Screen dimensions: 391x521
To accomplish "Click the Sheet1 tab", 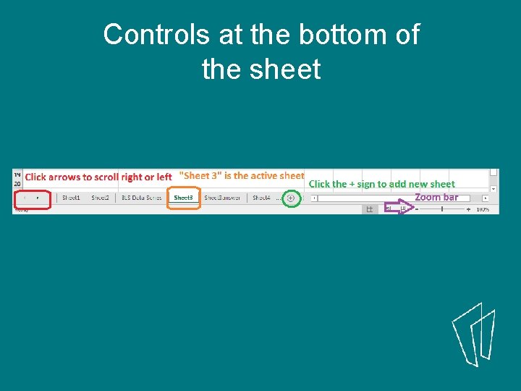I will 71,198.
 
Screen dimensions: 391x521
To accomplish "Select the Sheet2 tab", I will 100,198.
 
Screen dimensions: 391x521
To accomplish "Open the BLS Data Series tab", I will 141,198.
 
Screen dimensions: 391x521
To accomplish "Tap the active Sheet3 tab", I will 183,198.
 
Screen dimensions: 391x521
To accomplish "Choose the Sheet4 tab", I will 261,198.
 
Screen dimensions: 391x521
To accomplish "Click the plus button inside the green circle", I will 291,198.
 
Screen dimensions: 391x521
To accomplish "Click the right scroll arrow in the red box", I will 38,198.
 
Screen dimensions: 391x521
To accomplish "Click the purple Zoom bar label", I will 436,197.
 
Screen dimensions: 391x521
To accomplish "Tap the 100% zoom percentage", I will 483,209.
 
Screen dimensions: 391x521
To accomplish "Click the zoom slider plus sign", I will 468,209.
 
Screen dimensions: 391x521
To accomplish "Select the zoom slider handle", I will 441,209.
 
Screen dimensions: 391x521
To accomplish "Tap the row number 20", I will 17,184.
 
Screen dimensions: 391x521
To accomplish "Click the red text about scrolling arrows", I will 98,177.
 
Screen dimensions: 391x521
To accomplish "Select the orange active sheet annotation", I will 241,175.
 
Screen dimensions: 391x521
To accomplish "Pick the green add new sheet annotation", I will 381,184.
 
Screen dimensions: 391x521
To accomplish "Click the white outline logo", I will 475,337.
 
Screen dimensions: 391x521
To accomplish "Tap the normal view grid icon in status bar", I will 369,209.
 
